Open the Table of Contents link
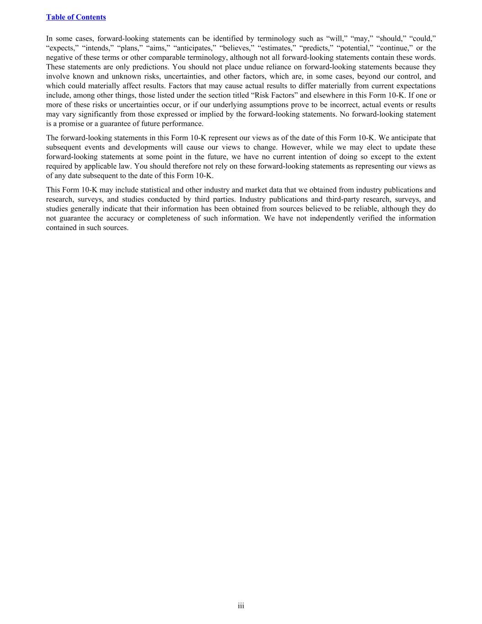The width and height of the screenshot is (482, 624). tap(76, 17)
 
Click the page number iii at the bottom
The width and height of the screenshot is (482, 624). tap(241, 606)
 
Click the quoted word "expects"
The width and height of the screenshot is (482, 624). tap(62, 48)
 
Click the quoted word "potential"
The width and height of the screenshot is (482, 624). tap(354, 48)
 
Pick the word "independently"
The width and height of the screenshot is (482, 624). tap(334, 218)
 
